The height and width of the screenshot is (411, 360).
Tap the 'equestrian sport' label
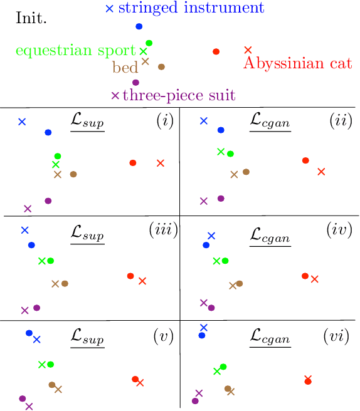(75, 51)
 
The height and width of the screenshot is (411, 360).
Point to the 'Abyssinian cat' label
(297, 63)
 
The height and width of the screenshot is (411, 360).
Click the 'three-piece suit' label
(179, 96)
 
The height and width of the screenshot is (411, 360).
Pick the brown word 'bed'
(125, 67)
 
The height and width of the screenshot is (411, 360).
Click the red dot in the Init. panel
(216, 51)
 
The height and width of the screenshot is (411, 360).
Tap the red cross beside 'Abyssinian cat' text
(248, 49)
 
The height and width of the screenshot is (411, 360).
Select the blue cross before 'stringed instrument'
(110, 9)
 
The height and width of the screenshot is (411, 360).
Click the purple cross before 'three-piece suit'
(115, 96)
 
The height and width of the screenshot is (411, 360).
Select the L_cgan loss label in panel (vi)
(270, 338)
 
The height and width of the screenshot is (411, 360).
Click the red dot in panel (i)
(133, 163)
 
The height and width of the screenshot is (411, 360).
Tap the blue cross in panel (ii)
(203, 120)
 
